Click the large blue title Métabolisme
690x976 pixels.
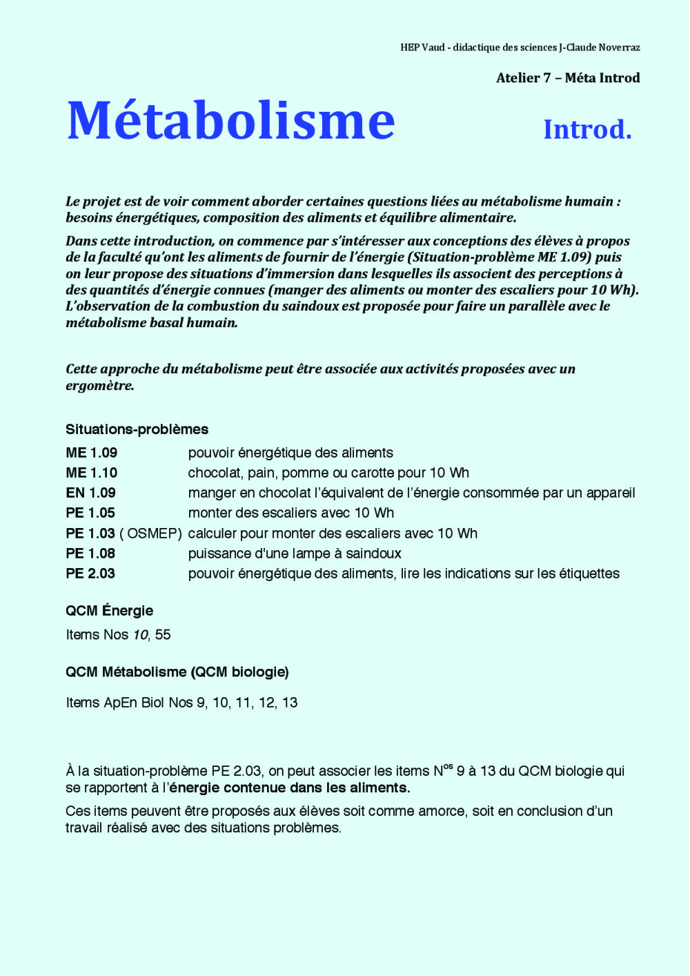point(230,121)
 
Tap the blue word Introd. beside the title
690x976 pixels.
point(587,129)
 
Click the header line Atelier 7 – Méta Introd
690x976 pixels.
point(567,78)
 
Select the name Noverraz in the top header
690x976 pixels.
point(619,48)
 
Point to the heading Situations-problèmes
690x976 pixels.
point(137,429)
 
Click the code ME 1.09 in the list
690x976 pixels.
point(91,453)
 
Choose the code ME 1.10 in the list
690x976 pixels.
point(91,473)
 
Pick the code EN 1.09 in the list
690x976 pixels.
point(90,493)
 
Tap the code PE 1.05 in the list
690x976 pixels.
point(90,513)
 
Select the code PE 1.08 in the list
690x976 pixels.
point(90,554)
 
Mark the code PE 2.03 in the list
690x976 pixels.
point(90,574)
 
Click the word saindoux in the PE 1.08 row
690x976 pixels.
point(373,554)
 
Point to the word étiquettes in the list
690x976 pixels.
point(589,574)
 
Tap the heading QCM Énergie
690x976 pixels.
point(109,611)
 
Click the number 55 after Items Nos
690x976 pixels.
point(163,635)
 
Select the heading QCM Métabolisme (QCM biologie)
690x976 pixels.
point(177,672)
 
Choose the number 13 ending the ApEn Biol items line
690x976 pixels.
point(290,703)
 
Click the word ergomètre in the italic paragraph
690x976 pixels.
point(99,386)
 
